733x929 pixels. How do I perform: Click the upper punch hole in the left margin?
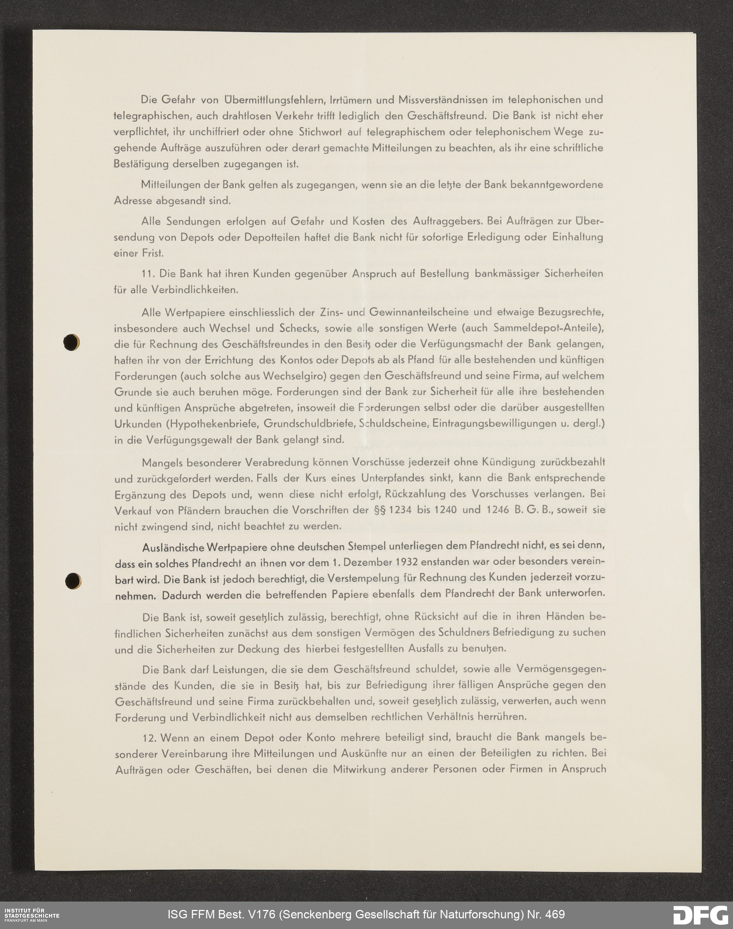coord(71,342)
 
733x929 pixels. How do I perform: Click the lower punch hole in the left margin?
coord(73,581)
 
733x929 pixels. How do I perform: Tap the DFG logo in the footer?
coord(700,914)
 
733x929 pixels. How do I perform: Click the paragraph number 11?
coord(148,274)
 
